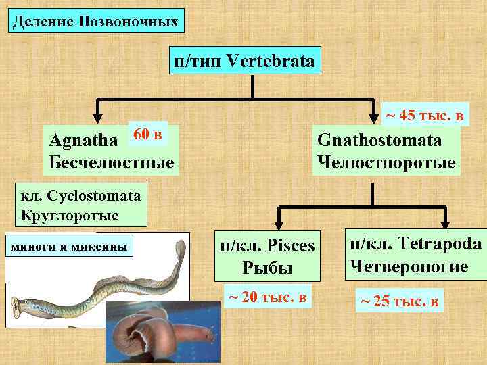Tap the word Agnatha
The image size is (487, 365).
[87, 141]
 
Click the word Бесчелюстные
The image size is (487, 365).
[112, 162]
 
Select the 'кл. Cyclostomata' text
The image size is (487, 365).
[76, 197]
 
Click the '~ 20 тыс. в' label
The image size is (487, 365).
[266, 297]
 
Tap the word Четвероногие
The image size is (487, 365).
[407, 266]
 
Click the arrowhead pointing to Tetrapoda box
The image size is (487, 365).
[445, 224]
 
